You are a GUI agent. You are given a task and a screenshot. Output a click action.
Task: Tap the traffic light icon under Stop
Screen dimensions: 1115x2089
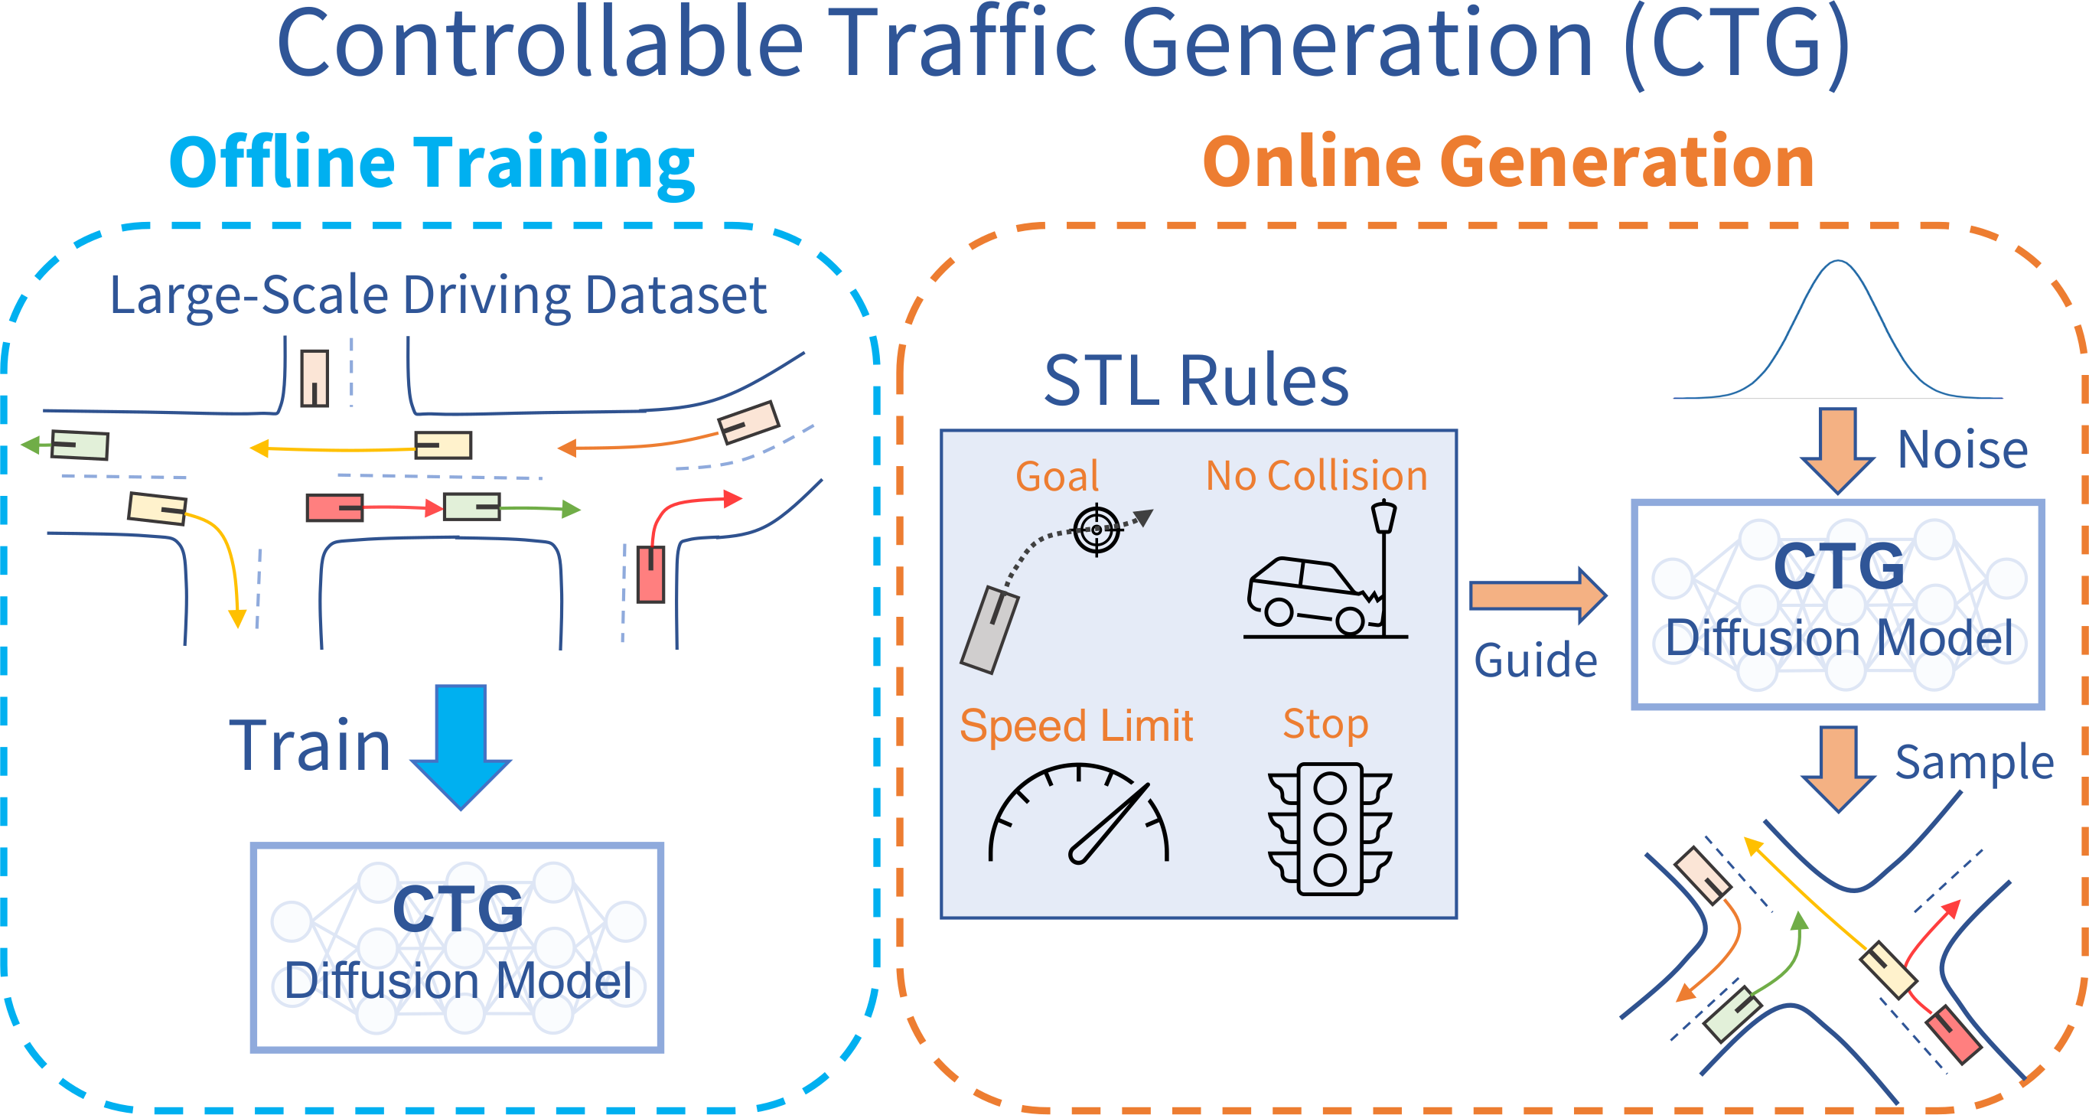click(x=1330, y=829)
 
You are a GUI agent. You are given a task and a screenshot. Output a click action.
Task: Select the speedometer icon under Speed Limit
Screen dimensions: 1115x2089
click(x=1079, y=816)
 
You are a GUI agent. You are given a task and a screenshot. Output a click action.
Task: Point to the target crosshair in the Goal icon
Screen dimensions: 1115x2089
click(x=1097, y=530)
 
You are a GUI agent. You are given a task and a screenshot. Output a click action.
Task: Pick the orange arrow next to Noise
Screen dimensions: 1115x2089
click(x=1837, y=450)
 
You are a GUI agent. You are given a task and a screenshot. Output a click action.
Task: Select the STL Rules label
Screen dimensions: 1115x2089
click(x=1196, y=380)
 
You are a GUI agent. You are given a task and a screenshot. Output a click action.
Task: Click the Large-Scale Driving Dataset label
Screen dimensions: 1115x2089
click(x=438, y=295)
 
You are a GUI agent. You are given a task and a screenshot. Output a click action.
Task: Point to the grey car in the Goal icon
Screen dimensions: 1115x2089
click(x=989, y=630)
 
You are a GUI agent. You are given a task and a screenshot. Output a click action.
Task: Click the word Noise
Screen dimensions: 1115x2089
click(x=1963, y=450)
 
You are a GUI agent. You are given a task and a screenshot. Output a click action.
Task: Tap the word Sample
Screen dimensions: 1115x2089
click(x=1974, y=763)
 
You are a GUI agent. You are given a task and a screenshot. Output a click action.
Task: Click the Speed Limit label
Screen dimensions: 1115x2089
click(x=1076, y=725)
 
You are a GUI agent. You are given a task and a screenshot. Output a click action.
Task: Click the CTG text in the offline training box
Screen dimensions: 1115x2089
click(x=458, y=909)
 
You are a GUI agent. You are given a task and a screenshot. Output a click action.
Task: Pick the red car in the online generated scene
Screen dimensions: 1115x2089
click(x=1954, y=1034)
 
